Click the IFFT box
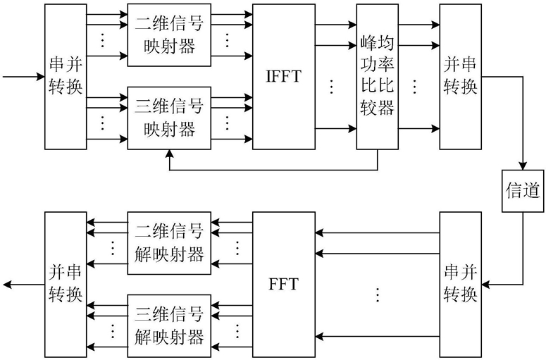284,76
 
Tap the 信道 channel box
523,191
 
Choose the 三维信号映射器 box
169,118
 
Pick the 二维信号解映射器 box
169,242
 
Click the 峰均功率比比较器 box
374,76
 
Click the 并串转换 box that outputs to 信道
461,76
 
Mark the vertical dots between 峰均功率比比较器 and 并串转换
415,87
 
